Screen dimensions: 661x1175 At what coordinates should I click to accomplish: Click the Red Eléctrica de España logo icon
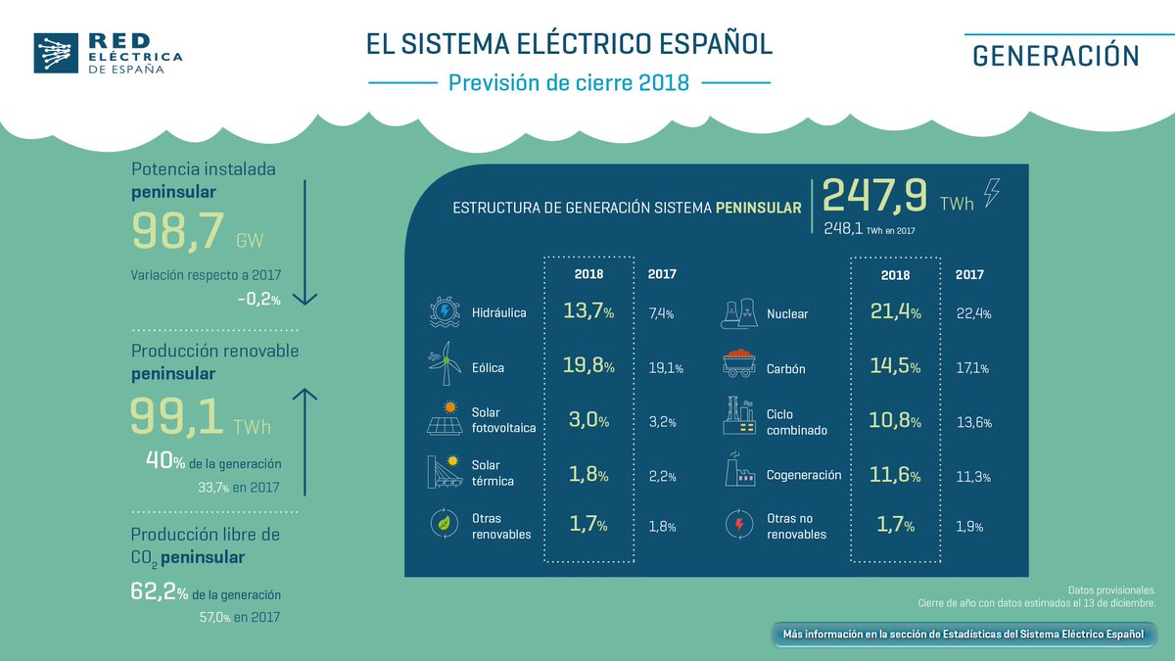(x=54, y=53)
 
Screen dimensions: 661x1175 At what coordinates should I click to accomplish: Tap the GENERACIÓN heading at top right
(x=1056, y=56)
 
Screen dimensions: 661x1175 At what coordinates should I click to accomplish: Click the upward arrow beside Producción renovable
(x=305, y=441)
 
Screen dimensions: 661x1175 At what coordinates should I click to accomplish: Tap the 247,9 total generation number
(x=874, y=196)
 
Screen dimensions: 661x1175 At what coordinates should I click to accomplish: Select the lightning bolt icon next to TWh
(x=992, y=192)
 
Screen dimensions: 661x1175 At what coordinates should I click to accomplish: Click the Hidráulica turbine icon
(x=446, y=312)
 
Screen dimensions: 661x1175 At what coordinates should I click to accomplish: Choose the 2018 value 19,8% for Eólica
(x=588, y=367)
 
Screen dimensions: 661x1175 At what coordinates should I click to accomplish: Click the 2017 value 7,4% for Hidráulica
(x=662, y=314)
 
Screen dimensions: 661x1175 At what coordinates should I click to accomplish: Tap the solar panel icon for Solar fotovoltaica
(x=446, y=418)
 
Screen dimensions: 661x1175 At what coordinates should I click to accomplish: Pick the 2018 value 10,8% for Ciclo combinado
(x=895, y=422)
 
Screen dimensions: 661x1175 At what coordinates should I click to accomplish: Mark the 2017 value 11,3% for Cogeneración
(x=972, y=477)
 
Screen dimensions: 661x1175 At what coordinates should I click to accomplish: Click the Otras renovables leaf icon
(x=446, y=525)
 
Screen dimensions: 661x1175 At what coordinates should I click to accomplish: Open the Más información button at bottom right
(x=963, y=635)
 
